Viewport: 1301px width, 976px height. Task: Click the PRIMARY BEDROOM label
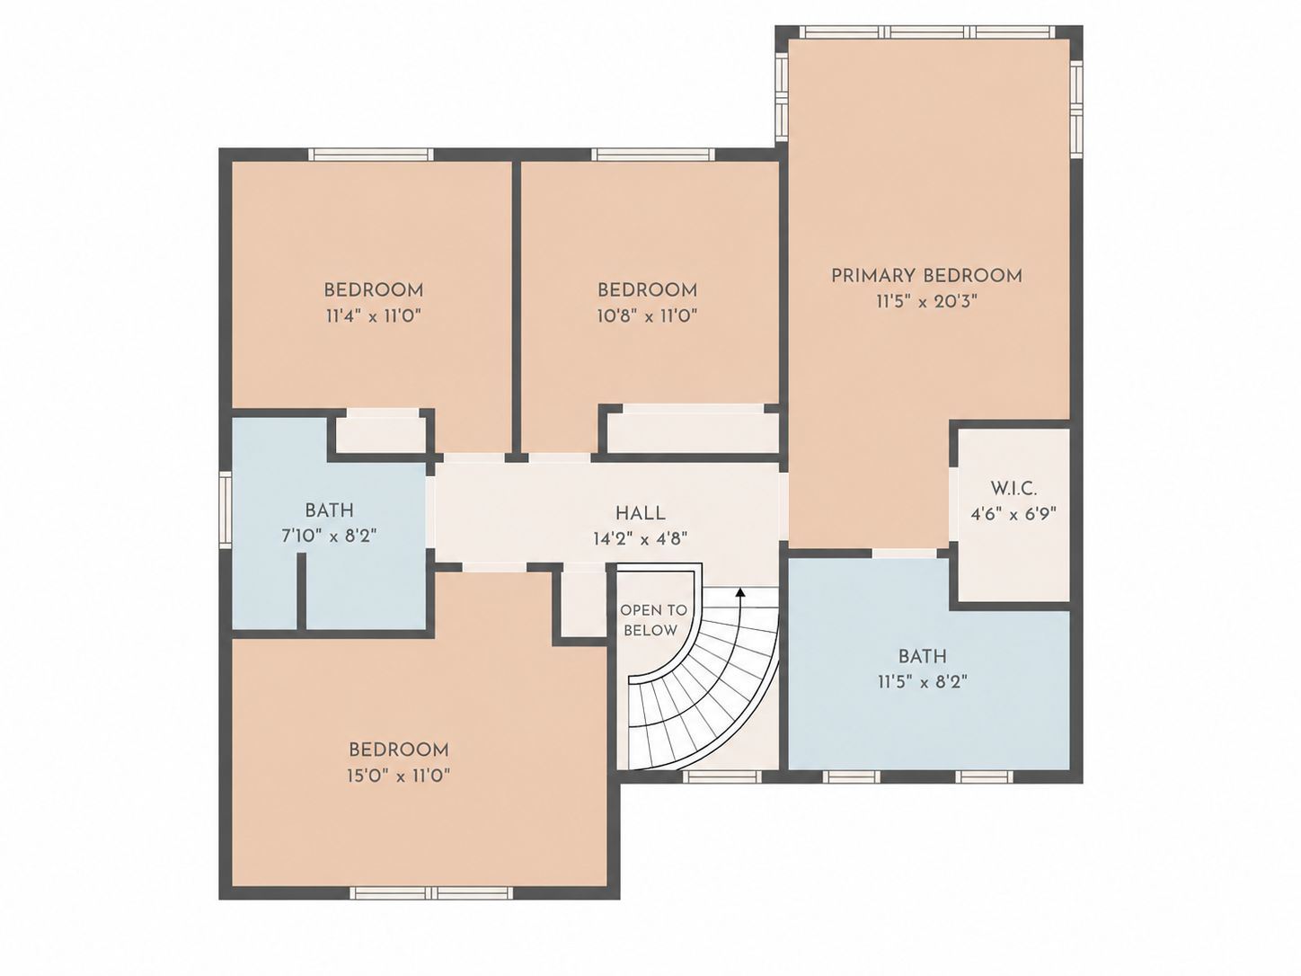pyautogui.click(x=926, y=276)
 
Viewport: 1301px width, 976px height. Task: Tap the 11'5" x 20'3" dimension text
pyautogui.click(x=926, y=302)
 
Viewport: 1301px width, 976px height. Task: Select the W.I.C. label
pyautogui.click(x=1013, y=489)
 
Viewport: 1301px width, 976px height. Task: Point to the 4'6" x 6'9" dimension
pyautogui.click(x=1013, y=514)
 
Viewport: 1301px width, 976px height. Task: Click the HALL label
pyautogui.click(x=640, y=513)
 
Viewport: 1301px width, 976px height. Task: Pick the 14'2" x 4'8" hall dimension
pyautogui.click(x=640, y=539)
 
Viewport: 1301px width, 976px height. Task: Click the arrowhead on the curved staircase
pyautogui.click(x=739, y=592)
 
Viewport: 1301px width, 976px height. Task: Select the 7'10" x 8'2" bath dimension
pyautogui.click(x=329, y=537)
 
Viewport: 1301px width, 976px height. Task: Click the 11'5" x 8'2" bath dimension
pyautogui.click(x=922, y=682)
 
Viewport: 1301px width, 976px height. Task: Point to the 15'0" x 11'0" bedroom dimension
pyautogui.click(x=399, y=776)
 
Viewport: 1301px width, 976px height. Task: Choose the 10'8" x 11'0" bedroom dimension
pyautogui.click(x=647, y=315)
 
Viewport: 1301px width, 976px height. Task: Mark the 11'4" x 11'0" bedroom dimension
pyautogui.click(x=374, y=315)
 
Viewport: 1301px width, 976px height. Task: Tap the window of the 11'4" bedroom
pyautogui.click(x=371, y=155)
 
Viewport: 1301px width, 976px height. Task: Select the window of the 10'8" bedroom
pyautogui.click(x=653, y=155)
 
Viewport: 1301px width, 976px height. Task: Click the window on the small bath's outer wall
pyautogui.click(x=226, y=509)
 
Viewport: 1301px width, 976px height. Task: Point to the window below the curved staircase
pyautogui.click(x=721, y=776)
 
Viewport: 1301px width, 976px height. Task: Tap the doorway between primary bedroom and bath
pyautogui.click(x=905, y=554)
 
